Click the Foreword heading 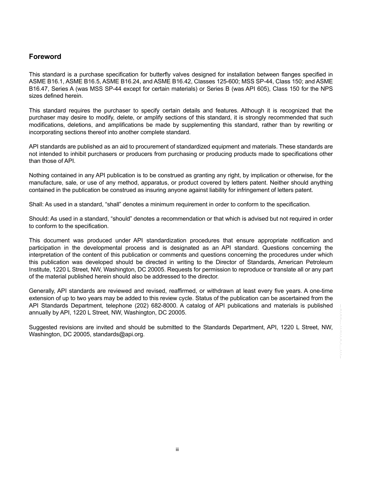(x=45, y=57)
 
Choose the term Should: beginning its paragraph (x=38, y=219)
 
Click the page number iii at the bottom (x=177, y=449)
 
